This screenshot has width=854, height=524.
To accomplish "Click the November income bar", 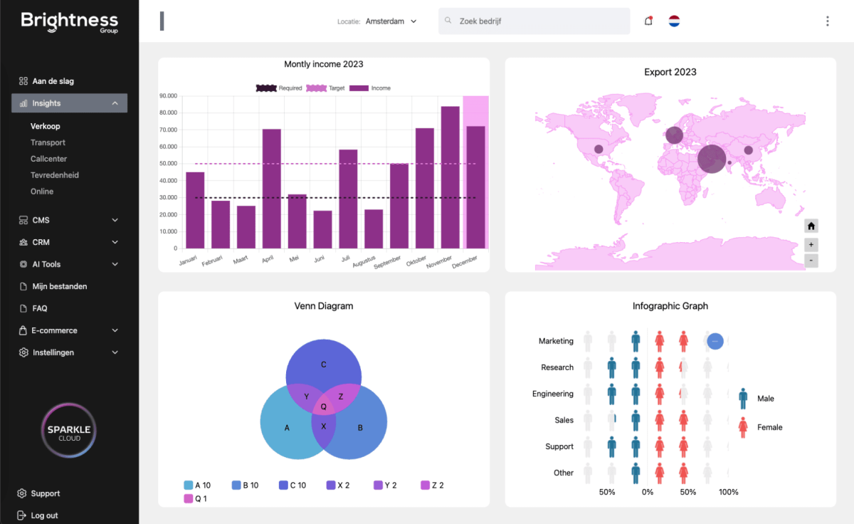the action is (450, 177).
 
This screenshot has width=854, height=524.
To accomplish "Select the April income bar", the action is (271, 189).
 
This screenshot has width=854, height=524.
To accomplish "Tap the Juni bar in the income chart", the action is (322, 229).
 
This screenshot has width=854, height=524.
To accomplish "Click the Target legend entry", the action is (325, 88).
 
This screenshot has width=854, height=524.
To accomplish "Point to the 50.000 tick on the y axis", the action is (168, 163).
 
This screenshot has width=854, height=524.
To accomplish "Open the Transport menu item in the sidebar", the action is (48, 142).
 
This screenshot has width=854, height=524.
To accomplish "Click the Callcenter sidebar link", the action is (48, 159).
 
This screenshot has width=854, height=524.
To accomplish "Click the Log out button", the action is (38, 515).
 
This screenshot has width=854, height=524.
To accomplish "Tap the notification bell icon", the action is (648, 21).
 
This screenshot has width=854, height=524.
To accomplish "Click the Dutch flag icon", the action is (674, 21).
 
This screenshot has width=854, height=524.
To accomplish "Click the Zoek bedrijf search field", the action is (534, 21).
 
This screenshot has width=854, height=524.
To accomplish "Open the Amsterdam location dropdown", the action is (391, 21).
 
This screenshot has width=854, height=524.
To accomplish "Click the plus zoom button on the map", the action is (811, 244).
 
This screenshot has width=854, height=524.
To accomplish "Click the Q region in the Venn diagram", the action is (324, 407).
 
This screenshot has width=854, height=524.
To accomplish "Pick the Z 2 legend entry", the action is (432, 485).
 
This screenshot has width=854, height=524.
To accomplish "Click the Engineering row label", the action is (552, 394).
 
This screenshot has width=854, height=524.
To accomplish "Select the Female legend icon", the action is (743, 427).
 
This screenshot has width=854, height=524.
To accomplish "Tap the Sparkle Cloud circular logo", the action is (69, 431).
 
